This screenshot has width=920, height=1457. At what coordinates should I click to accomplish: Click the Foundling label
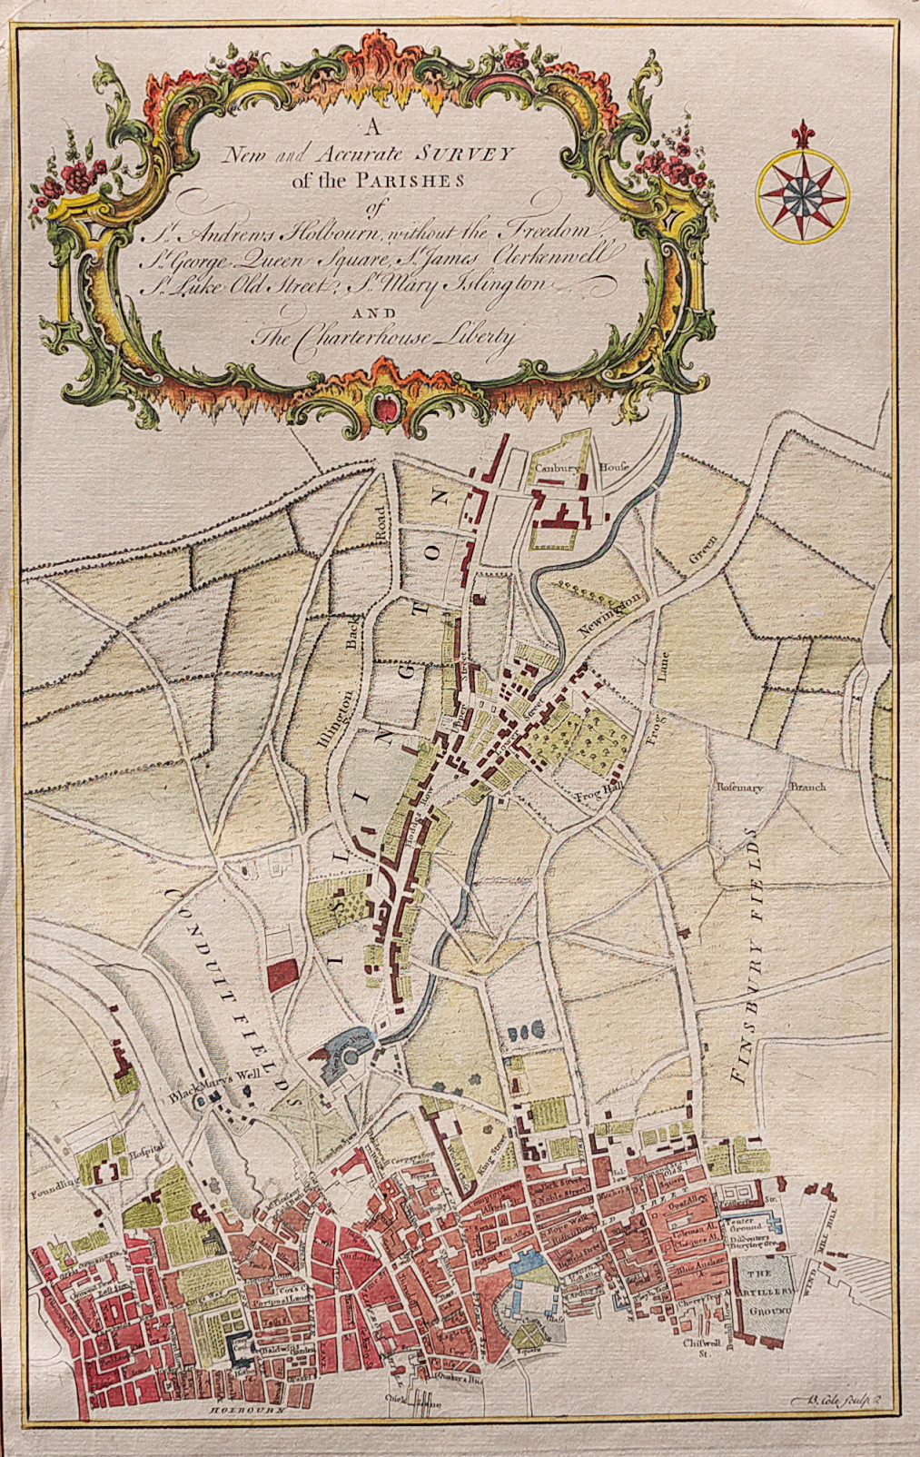51,1186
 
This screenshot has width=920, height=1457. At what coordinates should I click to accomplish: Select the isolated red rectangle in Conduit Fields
282,975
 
